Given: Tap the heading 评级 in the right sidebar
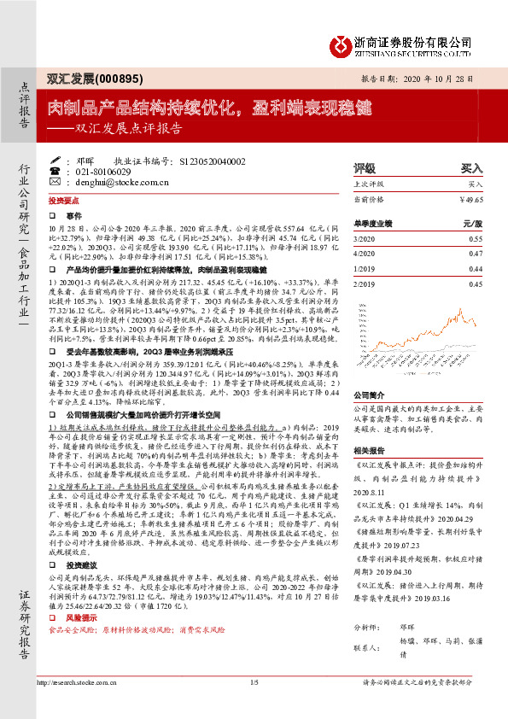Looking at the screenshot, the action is click(340, 168).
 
